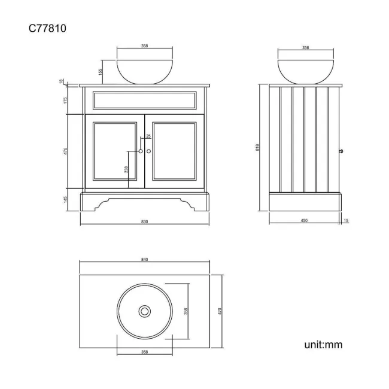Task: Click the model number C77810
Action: pos(47,28)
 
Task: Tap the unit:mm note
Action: pos(323,345)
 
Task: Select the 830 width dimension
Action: pos(144,221)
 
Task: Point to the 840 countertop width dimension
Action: pos(144,260)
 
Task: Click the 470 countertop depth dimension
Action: pos(219,311)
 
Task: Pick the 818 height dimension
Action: pos(257,147)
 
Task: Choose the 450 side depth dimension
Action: pos(304,221)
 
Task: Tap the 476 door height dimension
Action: pos(65,151)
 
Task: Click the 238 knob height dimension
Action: pos(126,169)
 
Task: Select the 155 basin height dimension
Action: pos(100,72)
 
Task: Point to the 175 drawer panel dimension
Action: pos(65,100)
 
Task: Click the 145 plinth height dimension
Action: pos(65,200)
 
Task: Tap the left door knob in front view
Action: pos(141,151)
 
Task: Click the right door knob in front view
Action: pos(148,151)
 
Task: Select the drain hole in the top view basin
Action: pos(145,311)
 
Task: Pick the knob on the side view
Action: pos(341,151)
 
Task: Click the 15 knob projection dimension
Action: pos(347,221)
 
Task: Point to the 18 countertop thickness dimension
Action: pos(61,81)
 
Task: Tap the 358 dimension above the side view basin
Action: pos(306,48)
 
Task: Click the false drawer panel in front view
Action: pos(145,100)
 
